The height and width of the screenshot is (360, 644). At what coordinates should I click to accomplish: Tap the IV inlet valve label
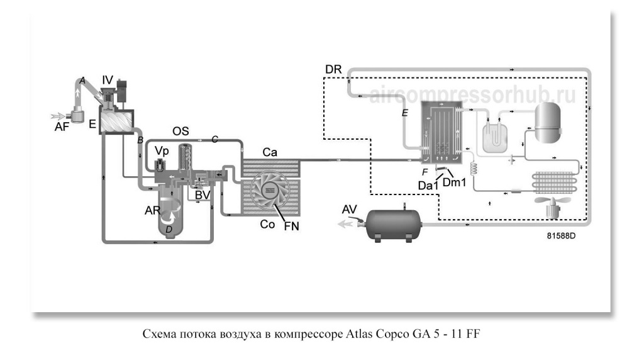point(108,80)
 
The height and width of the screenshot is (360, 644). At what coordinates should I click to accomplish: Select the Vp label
point(162,152)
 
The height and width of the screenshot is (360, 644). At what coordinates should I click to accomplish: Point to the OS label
point(181,131)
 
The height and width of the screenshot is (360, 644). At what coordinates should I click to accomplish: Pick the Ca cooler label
point(271,153)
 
